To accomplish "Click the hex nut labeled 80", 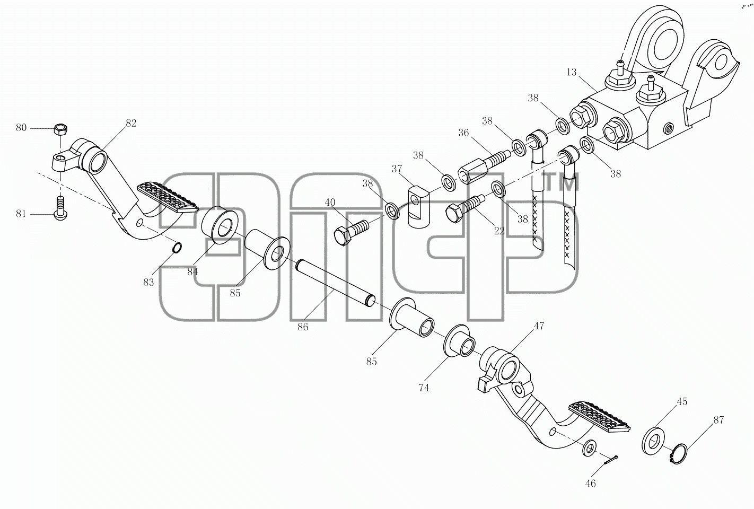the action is [60, 129].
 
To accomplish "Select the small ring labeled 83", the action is [178, 248].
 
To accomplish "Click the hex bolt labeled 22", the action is [464, 208].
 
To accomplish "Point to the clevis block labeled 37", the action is [419, 206].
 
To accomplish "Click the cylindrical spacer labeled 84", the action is [220, 225].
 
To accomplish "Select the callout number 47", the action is [539, 326].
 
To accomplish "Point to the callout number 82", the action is [131, 124].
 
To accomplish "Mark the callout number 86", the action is [303, 327].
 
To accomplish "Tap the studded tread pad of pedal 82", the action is [168, 197].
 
